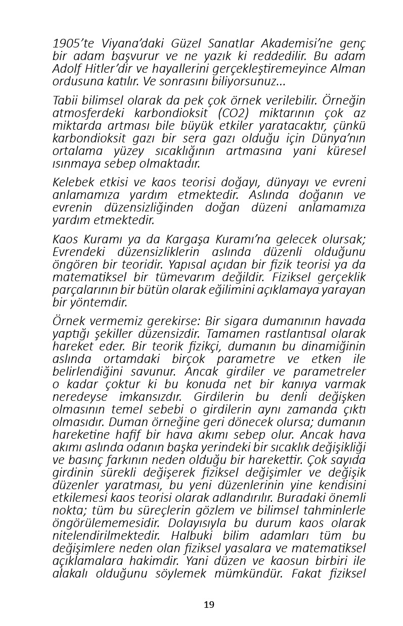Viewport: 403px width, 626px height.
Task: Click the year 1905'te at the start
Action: click(71, 44)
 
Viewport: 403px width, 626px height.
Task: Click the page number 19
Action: click(209, 605)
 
